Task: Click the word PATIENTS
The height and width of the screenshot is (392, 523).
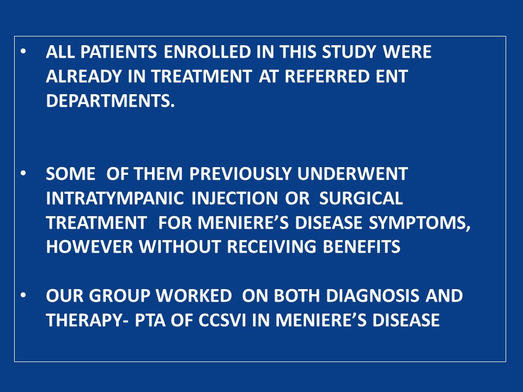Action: tap(118, 52)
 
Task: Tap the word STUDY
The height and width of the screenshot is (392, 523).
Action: tap(349, 52)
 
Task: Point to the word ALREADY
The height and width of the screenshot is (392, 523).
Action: tap(83, 76)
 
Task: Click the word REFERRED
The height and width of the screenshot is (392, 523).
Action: tap(327, 76)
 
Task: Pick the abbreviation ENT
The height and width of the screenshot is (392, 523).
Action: tap(392, 76)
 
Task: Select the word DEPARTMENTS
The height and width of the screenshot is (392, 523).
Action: tap(111, 101)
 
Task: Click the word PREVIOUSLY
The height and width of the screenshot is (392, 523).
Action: tap(240, 174)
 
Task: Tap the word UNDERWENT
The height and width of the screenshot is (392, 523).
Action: tap(352, 174)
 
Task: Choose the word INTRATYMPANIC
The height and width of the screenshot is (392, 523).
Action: tap(115, 198)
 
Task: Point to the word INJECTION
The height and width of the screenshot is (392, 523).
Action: tap(234, 198)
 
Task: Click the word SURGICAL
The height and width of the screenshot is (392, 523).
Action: tap(361, 198)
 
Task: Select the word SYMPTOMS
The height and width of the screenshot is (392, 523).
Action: tap(419, 222)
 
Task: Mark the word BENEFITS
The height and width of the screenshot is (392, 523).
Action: tap(362, 247)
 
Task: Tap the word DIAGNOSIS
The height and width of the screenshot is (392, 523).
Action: tap(373, 296)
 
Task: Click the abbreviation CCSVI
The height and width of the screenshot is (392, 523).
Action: tap(222, 320)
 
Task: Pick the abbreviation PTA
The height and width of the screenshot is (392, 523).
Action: tap(150, 320)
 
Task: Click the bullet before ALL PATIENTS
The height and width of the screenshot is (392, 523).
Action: tap(23, 52)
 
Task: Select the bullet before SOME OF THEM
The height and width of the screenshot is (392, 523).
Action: tap(23, 173)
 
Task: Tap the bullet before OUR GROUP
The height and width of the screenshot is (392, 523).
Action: tap(23, 295)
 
